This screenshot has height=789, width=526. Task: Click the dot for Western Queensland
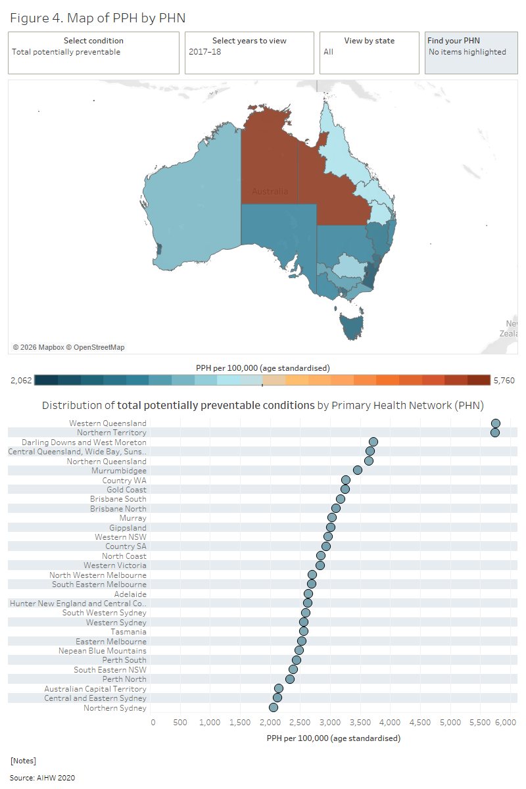point(496,423)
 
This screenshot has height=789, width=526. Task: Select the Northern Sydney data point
point(274,707)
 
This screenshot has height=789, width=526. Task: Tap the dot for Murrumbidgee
point(358,470)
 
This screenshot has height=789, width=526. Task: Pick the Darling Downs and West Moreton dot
point(373,442)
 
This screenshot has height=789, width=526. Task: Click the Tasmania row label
point(128,632)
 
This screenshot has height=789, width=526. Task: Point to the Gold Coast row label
point(126,490)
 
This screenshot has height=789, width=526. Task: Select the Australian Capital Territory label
point(95,689)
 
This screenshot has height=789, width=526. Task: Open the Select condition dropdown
point(93,53)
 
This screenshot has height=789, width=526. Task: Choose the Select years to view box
point(249,53)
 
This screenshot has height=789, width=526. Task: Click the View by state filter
point(369,53)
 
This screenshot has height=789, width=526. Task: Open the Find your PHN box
point(471,53)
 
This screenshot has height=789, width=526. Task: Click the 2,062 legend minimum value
point(21,380)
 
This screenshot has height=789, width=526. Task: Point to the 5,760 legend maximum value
point(504,380)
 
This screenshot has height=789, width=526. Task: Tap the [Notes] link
point(23,760)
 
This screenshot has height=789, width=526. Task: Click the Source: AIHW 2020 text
point(42,778)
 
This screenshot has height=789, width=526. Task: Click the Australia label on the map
point(270,191)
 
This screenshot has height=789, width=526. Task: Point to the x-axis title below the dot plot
point(333,738)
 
